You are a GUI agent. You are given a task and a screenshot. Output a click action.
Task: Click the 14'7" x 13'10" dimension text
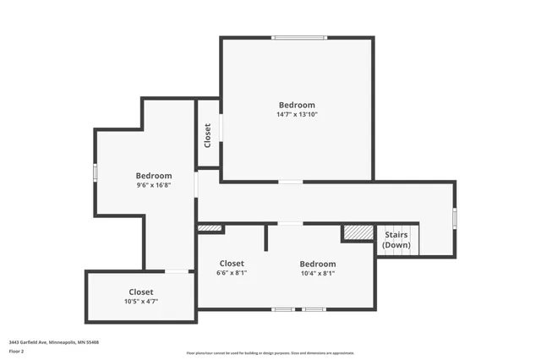(297, 114)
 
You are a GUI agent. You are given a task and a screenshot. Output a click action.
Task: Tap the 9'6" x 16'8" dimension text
(154, 185)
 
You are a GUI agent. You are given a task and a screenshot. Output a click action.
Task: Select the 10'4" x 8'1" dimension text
(318, 274)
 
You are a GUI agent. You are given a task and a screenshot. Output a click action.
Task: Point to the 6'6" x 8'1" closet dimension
(232, 273)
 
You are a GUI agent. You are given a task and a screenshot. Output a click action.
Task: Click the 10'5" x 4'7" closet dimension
(141, 302)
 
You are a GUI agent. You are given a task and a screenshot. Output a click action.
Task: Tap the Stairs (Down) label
(396, 240)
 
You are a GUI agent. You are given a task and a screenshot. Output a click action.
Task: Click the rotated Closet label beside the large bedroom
(208, 135)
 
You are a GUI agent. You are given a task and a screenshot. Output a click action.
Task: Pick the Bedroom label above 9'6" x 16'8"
(154, 176)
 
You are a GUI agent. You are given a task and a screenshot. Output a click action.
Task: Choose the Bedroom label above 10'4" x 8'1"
(318, 264)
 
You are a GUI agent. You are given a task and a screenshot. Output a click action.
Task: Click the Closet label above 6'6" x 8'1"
(232, 264)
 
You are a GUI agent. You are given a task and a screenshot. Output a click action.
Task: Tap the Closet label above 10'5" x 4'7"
(141, 292)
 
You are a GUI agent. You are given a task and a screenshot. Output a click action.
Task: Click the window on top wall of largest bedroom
(298, 37)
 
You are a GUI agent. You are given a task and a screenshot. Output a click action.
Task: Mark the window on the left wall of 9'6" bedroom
(96, 172)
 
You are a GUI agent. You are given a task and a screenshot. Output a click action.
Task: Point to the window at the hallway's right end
(454, 218)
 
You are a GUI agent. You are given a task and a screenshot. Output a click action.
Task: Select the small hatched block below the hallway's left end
(209, 227)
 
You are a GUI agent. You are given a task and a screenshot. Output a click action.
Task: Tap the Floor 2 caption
(17, 351)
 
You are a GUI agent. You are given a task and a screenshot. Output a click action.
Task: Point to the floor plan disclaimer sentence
(270, 353)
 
